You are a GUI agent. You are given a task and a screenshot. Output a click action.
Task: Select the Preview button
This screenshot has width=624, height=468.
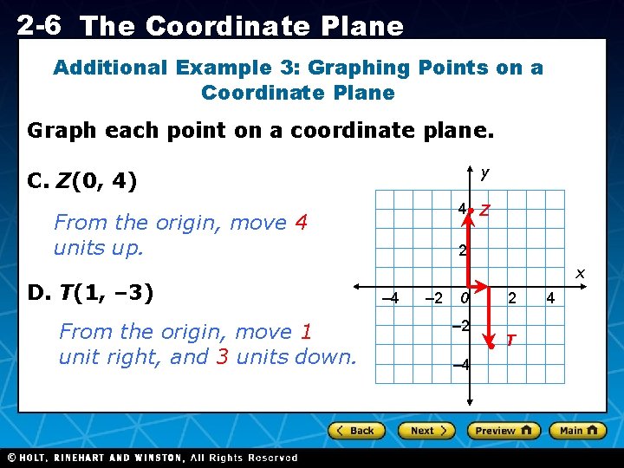point(504,431)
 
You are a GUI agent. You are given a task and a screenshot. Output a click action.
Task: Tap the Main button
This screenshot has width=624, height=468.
point(576,431)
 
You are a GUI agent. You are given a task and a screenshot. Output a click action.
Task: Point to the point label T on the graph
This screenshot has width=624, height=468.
point(511,340)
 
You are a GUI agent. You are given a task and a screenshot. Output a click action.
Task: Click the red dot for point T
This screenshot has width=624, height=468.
point(490,346)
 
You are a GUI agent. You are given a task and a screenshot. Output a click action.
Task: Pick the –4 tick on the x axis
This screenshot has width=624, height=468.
point(391,299)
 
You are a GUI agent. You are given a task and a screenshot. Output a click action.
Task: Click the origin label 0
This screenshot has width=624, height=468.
point(465,299)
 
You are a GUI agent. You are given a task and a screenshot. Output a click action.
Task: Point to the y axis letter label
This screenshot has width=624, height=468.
point(484,173)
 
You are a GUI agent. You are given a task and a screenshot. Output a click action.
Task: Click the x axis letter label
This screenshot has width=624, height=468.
point(581,274)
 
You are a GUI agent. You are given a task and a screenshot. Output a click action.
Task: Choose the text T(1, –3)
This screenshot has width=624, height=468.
point(105,293)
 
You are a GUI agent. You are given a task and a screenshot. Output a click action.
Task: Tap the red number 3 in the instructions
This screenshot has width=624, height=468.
point(223,357)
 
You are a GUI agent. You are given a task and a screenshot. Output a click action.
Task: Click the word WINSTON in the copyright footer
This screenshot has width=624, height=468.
point(155,458)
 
